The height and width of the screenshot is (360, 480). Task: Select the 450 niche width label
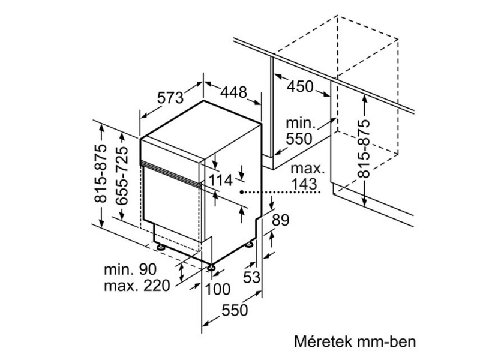[x=300, y=86]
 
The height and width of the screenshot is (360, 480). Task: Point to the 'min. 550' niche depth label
[x=300, y=131]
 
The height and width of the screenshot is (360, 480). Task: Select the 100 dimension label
[x=217, y=290]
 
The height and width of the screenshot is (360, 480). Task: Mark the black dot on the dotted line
[x=242, y=192]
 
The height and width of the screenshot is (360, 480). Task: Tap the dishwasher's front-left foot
[x=212, y=266]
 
